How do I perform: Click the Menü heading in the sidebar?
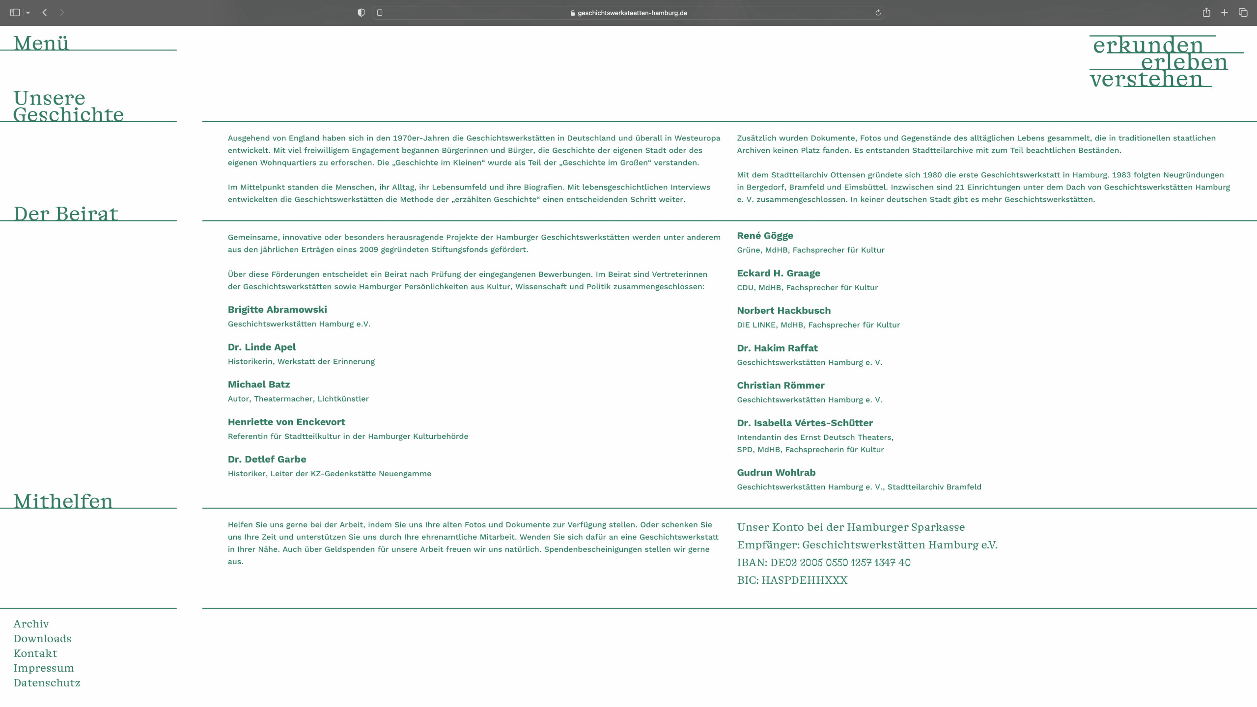(41, 43)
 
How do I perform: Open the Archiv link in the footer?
(31, 624)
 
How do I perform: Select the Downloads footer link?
(42, 639)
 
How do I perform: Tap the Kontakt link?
(35, 653)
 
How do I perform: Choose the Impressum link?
(44, 668)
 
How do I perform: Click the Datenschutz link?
(47, 683)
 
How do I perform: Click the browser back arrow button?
(45, 13)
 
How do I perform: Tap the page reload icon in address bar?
(878, 13)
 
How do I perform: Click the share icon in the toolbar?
(1206, 13)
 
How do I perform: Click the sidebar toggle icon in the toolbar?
(15, 13)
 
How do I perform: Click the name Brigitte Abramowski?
(277, 310)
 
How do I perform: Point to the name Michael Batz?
(258, 384)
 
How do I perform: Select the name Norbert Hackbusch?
(783, 311)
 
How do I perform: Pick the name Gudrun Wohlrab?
(776, 473)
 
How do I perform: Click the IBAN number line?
(823, 563)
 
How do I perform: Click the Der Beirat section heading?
(65, 214)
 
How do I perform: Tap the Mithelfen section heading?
(63, 501)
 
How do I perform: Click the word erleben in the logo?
(1184, 62)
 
